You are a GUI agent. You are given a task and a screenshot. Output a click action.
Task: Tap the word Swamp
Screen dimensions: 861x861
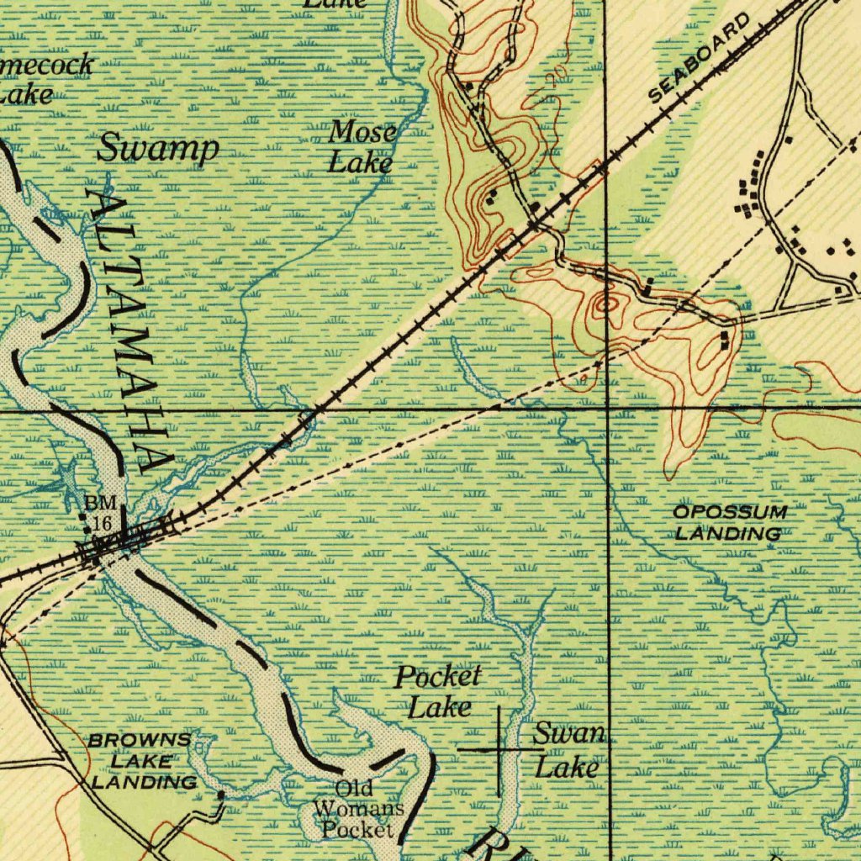point(157,148)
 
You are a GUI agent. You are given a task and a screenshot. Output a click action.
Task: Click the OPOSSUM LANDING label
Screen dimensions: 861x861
point(729,523)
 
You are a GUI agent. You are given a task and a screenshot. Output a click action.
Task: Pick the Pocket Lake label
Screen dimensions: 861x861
point(439,691)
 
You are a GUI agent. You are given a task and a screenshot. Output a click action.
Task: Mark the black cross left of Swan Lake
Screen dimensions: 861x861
point(499,747)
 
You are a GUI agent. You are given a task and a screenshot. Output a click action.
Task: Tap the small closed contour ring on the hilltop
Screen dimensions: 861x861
point(604,304)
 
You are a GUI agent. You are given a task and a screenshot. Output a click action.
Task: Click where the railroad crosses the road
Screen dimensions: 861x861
point(536,224)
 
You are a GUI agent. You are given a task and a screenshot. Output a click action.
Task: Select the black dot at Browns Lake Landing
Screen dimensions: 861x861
point(221,794)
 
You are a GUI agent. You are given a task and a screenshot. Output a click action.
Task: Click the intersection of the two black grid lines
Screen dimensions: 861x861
point(607,408)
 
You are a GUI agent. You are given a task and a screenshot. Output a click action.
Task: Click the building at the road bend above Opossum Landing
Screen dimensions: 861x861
point(726,340)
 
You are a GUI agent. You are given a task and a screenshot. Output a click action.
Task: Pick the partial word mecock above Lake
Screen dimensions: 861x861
point(48,66)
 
